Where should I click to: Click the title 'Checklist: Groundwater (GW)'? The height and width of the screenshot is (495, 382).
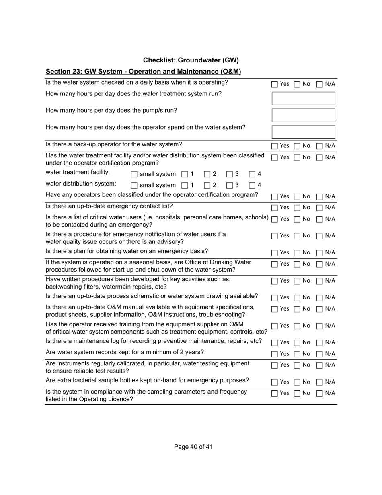coord(191,60)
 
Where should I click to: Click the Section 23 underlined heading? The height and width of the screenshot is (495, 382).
coord(143,72)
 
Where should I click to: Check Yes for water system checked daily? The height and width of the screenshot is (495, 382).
coord(275,85)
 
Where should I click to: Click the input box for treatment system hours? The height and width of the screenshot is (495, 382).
coord(303,98)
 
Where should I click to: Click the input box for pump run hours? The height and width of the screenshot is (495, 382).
coord(303,115)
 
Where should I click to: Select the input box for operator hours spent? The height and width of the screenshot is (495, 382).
coord(303,132)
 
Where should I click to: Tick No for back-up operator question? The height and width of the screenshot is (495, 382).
coord(297,146)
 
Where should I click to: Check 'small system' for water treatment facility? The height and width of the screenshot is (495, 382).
coord(134,175)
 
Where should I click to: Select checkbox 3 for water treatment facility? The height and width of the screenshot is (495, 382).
coord(230,175)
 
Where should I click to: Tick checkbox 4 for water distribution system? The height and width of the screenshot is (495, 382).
coord(252,186)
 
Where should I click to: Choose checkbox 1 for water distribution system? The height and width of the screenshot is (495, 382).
coord(185,186)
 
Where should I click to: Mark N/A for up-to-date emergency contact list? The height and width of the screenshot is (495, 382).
coord(320,208)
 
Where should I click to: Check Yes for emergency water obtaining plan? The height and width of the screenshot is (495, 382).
coord(275,253)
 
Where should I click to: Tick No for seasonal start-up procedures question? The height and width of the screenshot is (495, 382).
coord(297,264)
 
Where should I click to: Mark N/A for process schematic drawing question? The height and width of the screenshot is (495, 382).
coord(320,298)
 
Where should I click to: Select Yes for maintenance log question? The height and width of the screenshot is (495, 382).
coord(275,343)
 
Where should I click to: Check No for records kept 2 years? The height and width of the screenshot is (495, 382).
coord(297,355)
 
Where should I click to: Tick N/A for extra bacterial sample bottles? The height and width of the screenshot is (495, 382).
coord(320,382)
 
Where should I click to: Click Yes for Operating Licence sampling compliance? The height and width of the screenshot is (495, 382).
coord(275,394)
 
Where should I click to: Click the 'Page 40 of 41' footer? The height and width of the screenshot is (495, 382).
coord(193,447)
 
